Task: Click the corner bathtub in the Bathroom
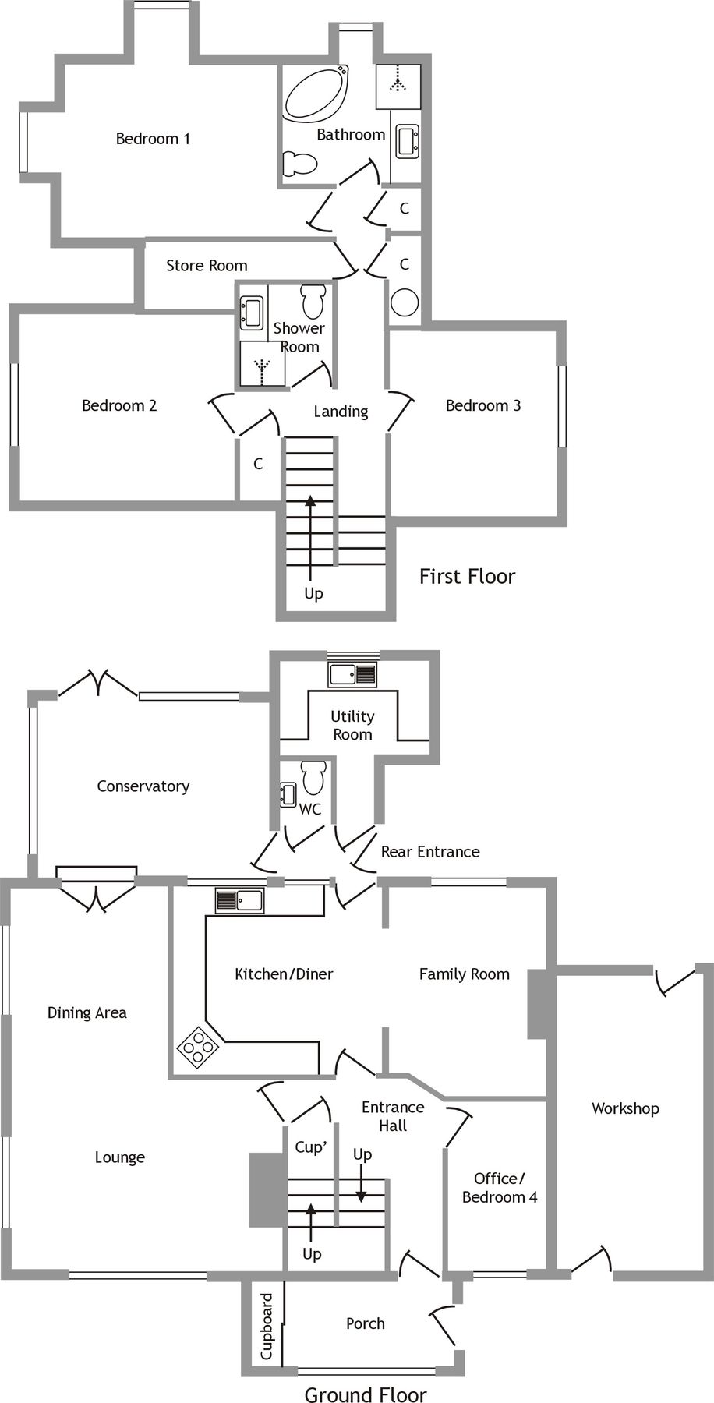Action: (x=316, y=95)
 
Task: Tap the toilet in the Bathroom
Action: (x=300, y=164)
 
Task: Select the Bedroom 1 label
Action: (x=153, y=139)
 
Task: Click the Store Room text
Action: (x=207, y=266)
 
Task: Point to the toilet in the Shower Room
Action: (x=313, y=300)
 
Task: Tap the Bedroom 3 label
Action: (x=482, y=405)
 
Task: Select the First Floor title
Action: (x=467, y=577)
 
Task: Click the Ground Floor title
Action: (x=366, y=1395)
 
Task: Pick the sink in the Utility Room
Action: (x=352, y=673)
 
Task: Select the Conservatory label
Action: (x=143, y=786)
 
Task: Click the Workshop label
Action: (x=625, y=1108)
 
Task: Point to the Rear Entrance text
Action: (x=429, y=852)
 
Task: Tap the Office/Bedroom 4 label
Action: (x=499, y=1188)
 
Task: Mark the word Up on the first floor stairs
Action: (x=313, y=594)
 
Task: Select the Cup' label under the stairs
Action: (x=309, y=1147)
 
